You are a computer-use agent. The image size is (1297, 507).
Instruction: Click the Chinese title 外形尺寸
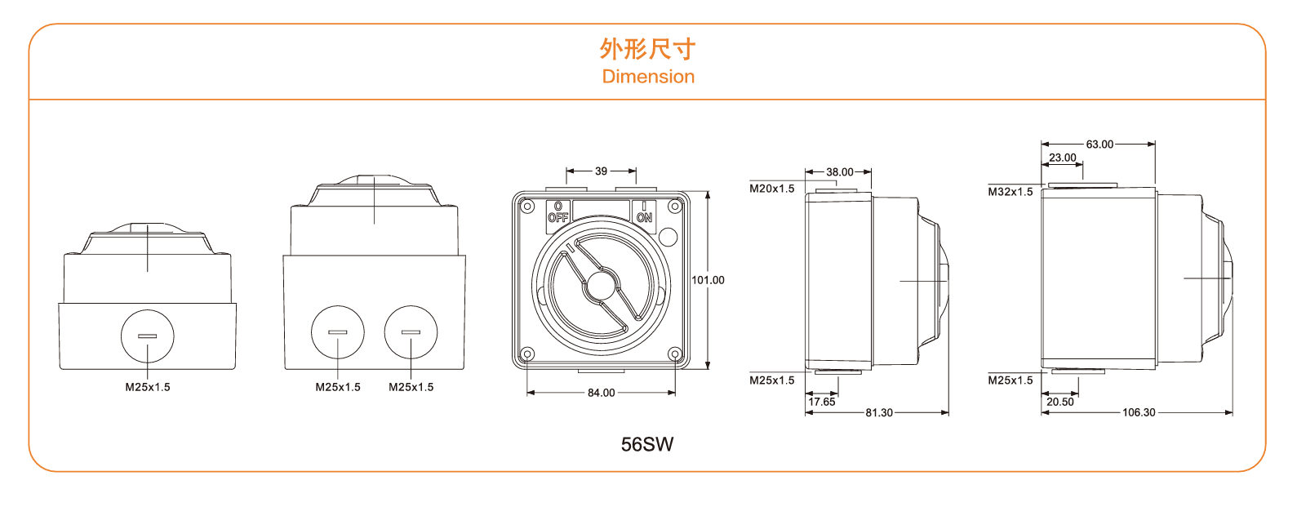click(x=647, y=49)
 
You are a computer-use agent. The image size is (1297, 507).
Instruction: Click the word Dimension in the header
click(x=648, y=77)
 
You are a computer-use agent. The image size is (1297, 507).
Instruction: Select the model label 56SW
click(x=647, y=444)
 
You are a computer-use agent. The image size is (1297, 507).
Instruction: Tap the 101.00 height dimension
click(x=708, y=280)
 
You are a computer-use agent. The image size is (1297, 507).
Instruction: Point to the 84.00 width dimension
click(x=602, y=393)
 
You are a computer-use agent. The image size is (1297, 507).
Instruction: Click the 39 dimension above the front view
click(x=602, y=171)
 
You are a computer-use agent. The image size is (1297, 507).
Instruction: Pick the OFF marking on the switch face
click(x=557, y=217)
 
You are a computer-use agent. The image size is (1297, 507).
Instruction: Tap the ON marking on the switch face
click(x=644, y=217)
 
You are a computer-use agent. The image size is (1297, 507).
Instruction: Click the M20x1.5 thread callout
click(x=771, y=189)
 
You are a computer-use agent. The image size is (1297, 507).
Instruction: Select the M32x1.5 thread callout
click(x=1010, y=192)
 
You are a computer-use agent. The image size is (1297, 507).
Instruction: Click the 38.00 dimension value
click(x=839, y=172)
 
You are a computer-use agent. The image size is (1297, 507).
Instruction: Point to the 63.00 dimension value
click(x=1099, y=145)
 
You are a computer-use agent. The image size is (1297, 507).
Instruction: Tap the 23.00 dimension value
click(x=1062, y=158)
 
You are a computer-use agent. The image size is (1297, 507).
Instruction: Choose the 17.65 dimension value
click(x=822, y=402)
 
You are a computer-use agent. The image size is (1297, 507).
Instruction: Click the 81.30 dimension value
click(x=879, y=412)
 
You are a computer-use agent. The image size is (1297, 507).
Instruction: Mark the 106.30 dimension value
click(x=1139, y=412)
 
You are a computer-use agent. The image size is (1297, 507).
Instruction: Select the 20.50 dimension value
click(x=1060, y=402)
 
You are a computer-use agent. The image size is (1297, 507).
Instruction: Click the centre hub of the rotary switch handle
click(x=601, y=286)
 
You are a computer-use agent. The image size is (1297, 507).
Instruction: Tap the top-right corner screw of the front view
click(x=675, y=206)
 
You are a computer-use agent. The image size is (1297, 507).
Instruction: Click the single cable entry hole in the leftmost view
click(x=148, y=336)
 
